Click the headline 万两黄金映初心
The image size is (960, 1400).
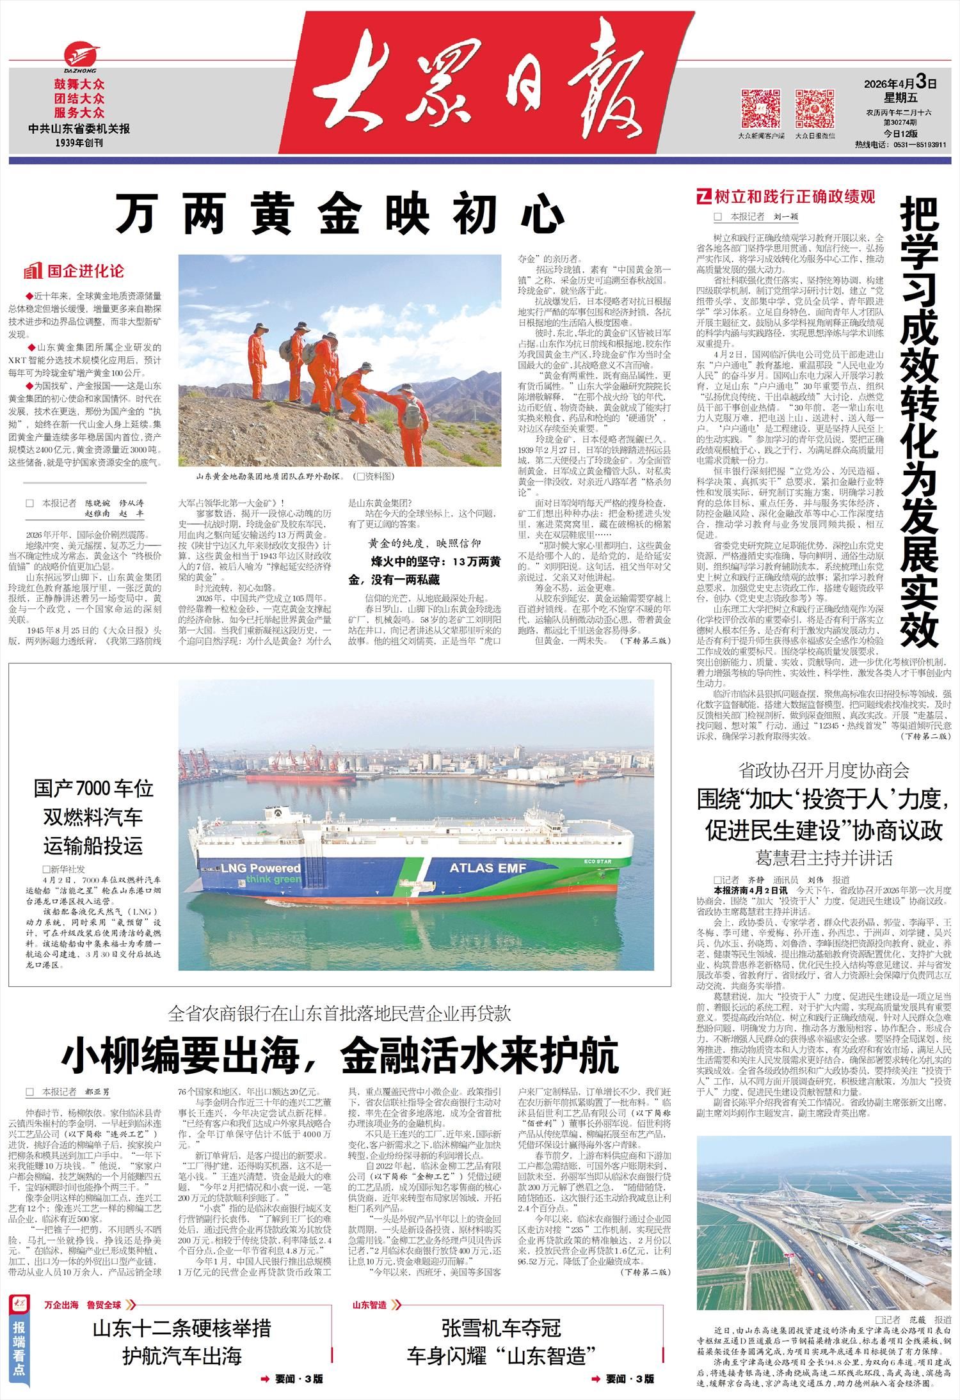click(x=339, y=214)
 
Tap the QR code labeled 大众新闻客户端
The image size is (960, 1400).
click(x=760, y=109)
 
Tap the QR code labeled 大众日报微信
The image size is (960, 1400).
click(x=815, y=109)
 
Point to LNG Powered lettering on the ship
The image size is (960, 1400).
click(x=261, y=868)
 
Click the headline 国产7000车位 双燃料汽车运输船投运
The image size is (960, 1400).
click(x=93, y=817)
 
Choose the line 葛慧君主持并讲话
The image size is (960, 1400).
click(x=824, y=857)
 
